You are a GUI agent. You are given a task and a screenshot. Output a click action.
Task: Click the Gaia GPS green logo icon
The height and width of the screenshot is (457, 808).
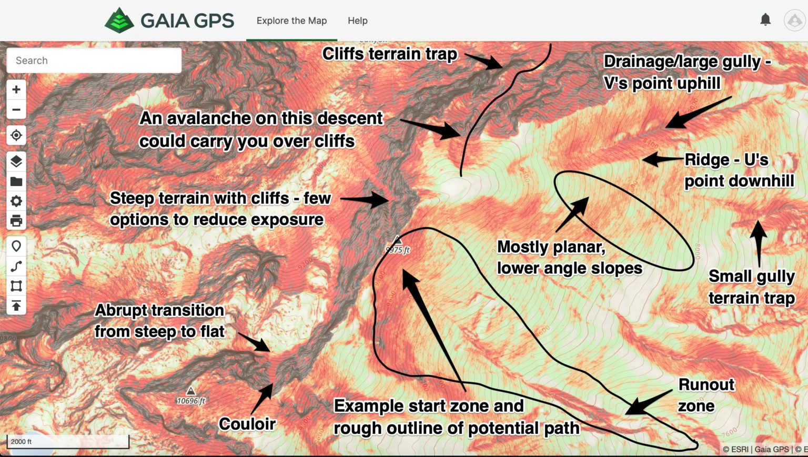coord(119,21)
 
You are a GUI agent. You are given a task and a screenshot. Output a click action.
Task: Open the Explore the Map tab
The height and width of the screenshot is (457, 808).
coord(291,21)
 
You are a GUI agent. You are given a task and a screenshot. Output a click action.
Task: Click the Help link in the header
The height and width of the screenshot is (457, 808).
coord(357,21)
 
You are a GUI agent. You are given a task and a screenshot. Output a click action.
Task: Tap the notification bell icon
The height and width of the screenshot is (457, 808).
coord(765,20)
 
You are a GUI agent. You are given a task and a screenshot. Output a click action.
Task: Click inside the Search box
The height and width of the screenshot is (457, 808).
coord(94,60)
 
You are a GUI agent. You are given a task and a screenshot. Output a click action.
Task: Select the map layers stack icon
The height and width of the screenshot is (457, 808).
coord(16,161)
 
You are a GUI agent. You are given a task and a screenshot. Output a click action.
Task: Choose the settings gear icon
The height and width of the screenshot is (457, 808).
coord(16,201)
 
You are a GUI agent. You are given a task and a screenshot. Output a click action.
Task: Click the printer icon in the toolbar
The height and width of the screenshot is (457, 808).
coord(16,221)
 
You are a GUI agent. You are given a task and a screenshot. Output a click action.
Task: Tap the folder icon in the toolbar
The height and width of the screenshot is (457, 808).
coord(16,181)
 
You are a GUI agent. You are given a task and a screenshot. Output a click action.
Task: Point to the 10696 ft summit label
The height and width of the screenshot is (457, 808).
coord(191,401)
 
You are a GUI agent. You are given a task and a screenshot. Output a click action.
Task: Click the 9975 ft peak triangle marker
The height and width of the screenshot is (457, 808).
coord(398,240)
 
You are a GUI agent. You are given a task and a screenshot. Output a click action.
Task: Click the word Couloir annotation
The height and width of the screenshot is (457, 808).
coord(247,424)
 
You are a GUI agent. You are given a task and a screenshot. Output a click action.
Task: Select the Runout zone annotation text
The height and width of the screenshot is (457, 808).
coord(705,395)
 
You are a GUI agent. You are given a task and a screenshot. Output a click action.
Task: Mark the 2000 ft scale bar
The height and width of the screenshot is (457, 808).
coord(68,442)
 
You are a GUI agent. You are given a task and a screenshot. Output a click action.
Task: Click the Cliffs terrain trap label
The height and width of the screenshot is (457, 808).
coord(390,54)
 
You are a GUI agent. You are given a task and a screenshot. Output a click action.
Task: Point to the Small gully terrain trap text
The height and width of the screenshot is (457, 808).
coord(751,287)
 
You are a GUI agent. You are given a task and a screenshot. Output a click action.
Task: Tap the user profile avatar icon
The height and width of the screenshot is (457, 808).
coord(794,21)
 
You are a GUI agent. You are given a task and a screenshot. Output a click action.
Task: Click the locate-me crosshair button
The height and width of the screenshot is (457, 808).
coord(16,135)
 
